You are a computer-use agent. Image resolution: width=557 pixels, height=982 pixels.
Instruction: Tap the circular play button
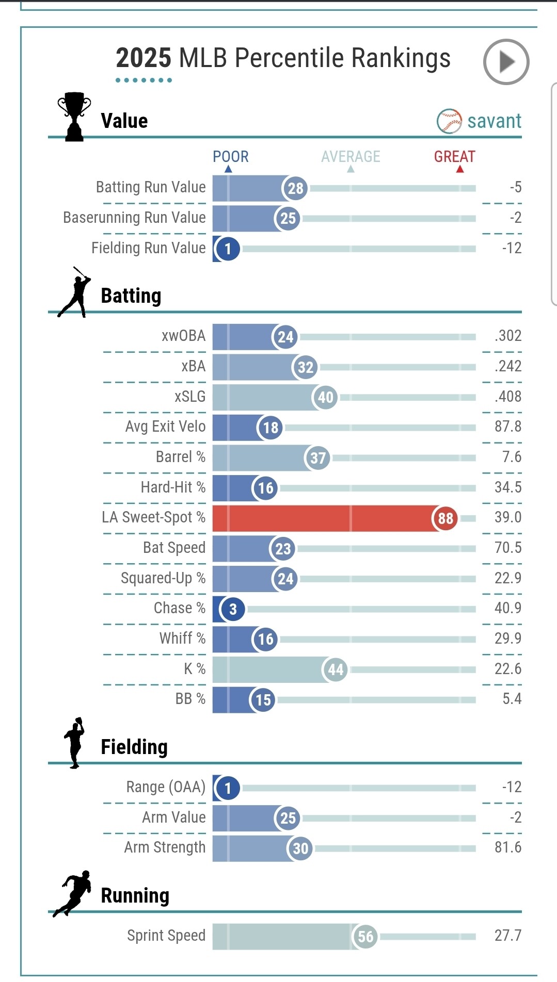506,62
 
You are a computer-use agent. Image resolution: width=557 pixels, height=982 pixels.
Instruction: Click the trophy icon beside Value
74,117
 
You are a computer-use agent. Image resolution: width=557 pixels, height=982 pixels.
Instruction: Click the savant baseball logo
449,121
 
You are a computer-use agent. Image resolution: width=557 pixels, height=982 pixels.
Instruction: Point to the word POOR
231,156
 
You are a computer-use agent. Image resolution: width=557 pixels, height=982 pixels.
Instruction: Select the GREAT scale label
454,156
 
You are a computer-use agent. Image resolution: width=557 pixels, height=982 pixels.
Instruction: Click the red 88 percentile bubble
445,518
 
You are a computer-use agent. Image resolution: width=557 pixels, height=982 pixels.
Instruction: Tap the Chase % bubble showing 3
233,609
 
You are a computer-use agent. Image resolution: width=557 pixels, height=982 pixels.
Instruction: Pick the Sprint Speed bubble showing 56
365,936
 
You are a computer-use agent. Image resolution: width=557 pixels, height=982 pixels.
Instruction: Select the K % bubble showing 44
335,669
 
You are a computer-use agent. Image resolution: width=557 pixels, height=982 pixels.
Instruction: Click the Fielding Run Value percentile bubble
228,249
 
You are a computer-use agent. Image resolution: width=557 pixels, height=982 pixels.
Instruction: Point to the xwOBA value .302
508,336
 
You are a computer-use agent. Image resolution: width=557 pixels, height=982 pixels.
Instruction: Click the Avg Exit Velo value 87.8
508,427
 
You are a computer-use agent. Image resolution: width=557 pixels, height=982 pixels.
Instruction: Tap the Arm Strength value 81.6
508,847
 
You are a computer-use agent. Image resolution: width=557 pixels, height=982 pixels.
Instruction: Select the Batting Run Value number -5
515,187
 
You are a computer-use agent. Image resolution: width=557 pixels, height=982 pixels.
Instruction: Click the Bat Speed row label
174,548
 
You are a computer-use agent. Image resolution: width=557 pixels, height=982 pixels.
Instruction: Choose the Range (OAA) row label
166,787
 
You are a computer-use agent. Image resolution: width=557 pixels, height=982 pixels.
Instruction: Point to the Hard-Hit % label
173,487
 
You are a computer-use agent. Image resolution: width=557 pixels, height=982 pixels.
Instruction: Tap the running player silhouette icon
73,893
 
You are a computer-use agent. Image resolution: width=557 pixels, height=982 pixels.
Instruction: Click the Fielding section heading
134,747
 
